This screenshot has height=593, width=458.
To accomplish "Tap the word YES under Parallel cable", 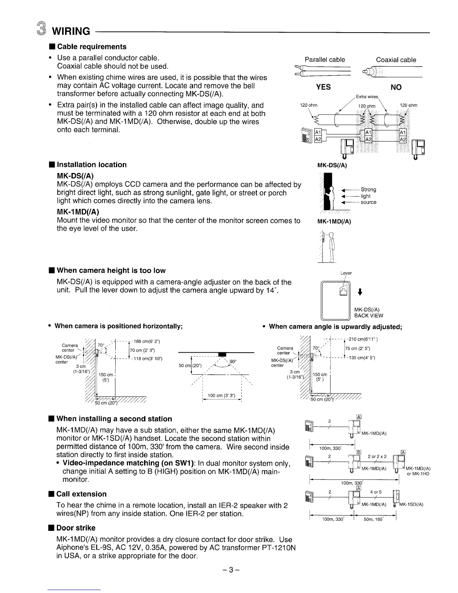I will click(323, 87).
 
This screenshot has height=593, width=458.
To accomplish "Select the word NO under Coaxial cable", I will click(396, 87).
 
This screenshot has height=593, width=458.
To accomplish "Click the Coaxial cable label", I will click(396, 60).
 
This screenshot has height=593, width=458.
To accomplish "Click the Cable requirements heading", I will click(92, 47).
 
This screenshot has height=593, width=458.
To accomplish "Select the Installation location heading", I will click(92, 165).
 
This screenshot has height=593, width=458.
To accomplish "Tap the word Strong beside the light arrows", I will click(368, 189).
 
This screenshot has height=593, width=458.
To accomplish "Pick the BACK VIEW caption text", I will click(369, 316).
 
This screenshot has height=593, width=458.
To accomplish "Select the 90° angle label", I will click(233, 361).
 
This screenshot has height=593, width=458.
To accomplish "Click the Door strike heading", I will click(76, 528).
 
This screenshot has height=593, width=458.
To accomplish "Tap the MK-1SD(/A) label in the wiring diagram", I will click(411, 505).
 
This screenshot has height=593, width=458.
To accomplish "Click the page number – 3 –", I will click(229, 570).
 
